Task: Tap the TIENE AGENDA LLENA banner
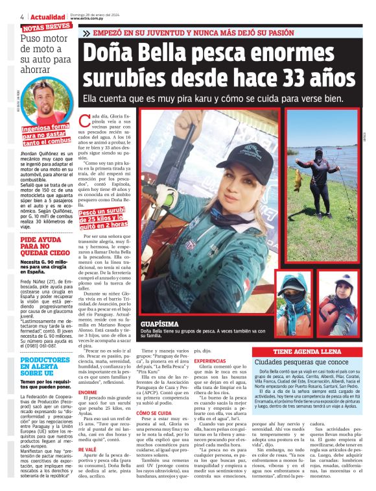tap(310, 351)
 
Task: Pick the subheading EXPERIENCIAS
tap(210, 360)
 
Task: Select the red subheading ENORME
tap(87, 392)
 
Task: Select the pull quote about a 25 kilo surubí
tap(107, 217)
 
